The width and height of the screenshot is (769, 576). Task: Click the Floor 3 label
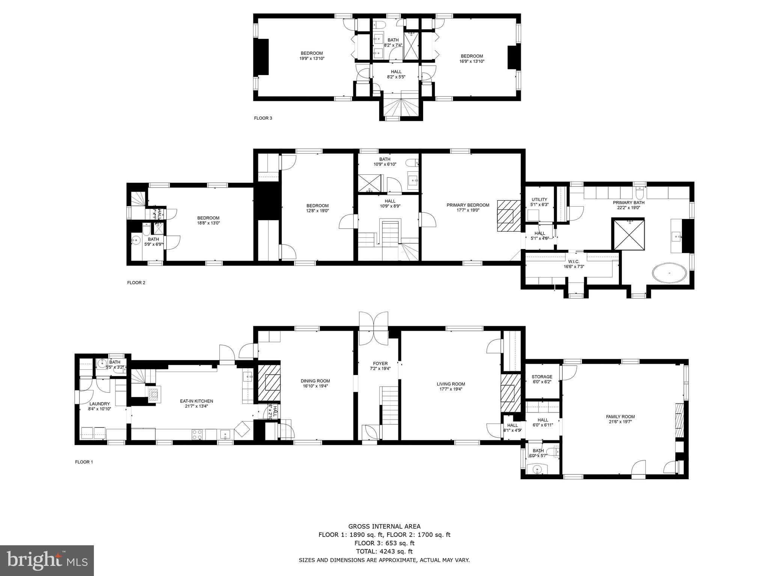pos(263,118)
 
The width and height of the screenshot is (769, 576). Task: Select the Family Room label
pos(620,417)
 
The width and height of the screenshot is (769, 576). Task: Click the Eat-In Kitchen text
pos(196,401)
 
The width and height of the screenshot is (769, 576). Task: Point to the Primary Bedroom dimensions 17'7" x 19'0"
pos(468,210)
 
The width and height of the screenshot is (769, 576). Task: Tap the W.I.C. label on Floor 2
pos(573,261)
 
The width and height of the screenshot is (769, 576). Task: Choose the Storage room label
pos(542,377)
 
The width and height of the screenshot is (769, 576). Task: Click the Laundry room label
pos(100,404)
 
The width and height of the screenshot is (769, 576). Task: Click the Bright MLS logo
pos(47,560)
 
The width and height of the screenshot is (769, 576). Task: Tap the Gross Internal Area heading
pos(384,526)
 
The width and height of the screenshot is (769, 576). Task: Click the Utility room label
pos(539,199)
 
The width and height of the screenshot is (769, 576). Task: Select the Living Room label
pos(451,384)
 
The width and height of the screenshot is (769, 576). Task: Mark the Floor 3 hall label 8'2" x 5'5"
pos(396,77)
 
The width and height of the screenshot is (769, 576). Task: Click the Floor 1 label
pos(84,462)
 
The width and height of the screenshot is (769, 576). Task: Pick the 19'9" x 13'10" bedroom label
pos(312,58)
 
